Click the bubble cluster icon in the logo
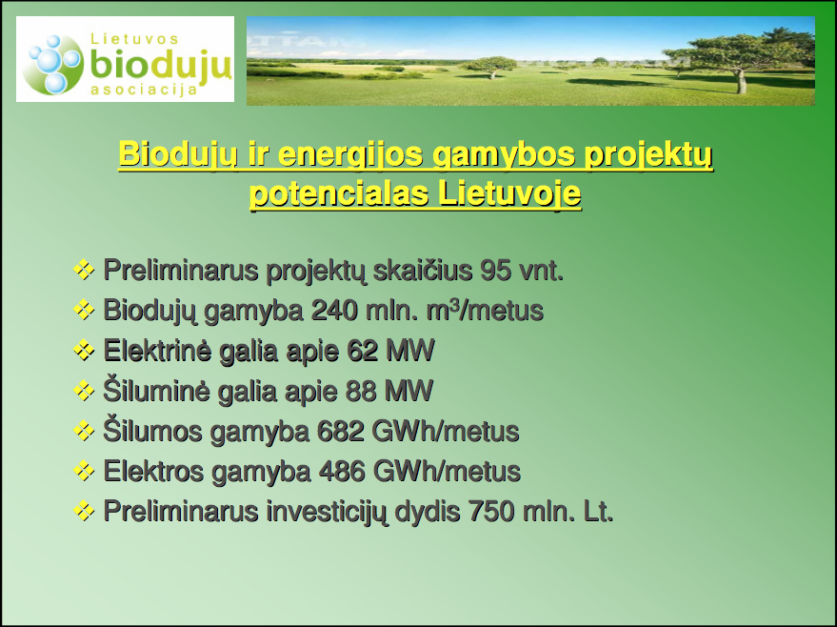pyautogui.click(x=56, y=65)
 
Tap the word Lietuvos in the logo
pyautogui.click(x=134, y=39)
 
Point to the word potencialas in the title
pyautogui.click(x=340, y=194)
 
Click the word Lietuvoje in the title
pyautogui.click(x=509, y=194)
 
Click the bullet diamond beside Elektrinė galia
pyautogui.click(x=84, y=351)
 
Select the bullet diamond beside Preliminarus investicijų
pyautogui.click(x=84, y=511)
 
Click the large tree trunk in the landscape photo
pyautogui.click(x=741, y=81)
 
